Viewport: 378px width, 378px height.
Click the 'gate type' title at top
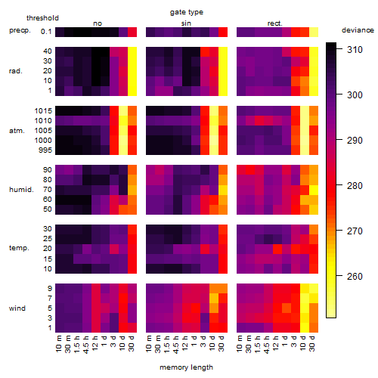pos(187,12)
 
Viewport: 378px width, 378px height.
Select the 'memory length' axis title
pos(186,367)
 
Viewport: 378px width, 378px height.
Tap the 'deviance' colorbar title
pos(358,30)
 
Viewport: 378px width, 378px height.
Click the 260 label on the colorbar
pos(355,277)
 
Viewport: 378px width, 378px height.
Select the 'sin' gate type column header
pos(186,23)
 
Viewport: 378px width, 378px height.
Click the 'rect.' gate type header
pos(274,23)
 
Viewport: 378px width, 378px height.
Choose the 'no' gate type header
pos(98,23)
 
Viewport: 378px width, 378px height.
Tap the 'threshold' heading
pos(42,18)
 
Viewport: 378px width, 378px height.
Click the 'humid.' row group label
pos(21,190)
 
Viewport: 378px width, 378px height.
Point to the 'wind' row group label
pos(17,308)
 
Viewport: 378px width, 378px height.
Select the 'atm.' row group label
pos(17,131)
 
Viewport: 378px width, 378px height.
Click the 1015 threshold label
pos(43,111)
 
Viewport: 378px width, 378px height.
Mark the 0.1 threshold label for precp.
pos(46,32)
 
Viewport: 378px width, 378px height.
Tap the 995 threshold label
pos(45,150)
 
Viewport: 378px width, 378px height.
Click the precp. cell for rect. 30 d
pos(314,32)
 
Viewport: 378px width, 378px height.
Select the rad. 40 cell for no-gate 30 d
pos(132,52)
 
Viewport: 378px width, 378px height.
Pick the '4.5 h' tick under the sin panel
pos(177,345)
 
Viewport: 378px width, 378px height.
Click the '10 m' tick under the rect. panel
pos(240,344)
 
